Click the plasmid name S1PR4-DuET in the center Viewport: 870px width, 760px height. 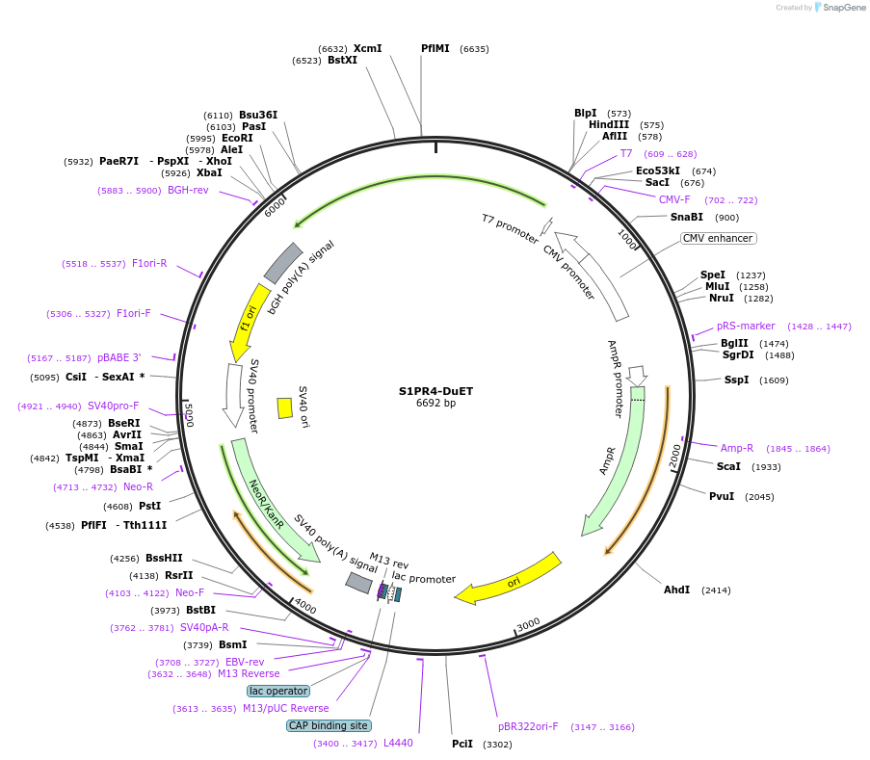tap(435, 391)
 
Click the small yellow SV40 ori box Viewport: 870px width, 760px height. tap(285, 407)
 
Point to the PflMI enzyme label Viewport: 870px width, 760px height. tap(435, 48)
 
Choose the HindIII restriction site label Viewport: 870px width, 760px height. tap(609, 124)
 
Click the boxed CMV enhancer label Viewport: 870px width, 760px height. tap(718, 238)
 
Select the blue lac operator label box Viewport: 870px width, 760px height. tap(278, 691)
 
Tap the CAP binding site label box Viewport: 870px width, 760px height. tap(329, 725)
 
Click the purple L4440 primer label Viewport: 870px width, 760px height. tap(398, 743)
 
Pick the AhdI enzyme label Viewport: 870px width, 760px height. tap(676, 590)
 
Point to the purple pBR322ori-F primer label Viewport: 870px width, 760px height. tap(528, 726)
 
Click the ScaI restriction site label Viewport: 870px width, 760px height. tap(728, 466)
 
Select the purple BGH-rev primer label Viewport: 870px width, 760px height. tap(188, 191)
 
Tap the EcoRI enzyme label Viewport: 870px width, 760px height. tap(237, 138)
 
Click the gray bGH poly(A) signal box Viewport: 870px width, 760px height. tap(283, 262)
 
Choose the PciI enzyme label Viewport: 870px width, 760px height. tap(462, 744)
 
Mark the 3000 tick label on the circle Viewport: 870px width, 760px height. tap(528, 625)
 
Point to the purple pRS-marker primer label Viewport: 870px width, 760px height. tap(746, 326)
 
